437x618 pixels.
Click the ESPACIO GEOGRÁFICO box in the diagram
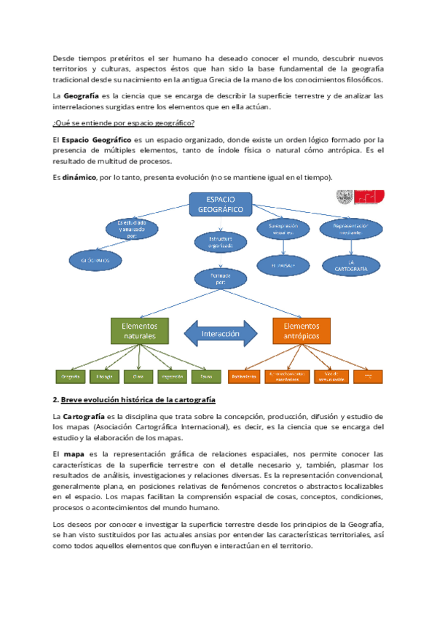(x=220, y=204)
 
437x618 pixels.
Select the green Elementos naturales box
(x=139, y=331)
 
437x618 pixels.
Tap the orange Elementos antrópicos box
(x=301, y=331)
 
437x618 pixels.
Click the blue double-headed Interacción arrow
(x=220, y=334)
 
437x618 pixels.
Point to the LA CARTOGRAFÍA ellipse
(x=350, y=265)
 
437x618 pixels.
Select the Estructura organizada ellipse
(x=220, y=242)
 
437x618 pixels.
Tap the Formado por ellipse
(x=220, y=278)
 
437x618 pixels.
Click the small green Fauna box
(x=206, y=377)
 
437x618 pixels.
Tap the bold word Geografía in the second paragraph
(x=81, y=95)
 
